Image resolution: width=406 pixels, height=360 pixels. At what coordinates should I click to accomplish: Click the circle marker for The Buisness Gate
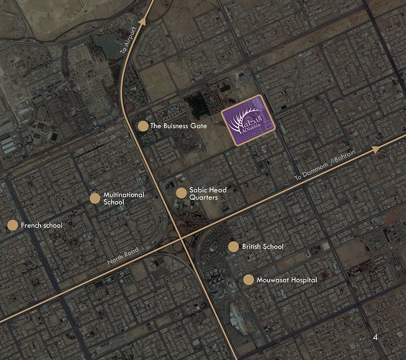[x=143, y=126]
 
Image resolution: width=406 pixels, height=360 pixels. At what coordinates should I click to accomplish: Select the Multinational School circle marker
[x=95, y=199]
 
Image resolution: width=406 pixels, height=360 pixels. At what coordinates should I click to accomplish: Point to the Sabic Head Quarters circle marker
[x=181, y=193]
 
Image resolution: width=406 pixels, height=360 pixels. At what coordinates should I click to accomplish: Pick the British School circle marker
[x=233, y=247]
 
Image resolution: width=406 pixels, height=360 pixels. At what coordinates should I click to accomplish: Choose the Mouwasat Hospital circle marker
[x=249, y=280]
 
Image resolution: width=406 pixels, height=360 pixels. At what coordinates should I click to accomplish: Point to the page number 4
[x=375, y=337]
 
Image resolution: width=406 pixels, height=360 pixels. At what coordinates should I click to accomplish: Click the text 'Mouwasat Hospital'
[x=287, y=280]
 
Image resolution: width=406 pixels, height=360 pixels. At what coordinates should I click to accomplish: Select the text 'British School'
[x=262, y=247]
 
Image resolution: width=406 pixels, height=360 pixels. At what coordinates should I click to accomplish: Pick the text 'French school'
[x=42, y=225]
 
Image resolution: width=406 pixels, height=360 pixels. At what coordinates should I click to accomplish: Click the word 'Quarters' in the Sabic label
[x=204, y=198]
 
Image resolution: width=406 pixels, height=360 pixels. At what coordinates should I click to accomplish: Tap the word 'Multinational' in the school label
[x=124, y=195]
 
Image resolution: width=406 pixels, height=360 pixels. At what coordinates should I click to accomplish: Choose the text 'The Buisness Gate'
[x=179, y=126]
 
